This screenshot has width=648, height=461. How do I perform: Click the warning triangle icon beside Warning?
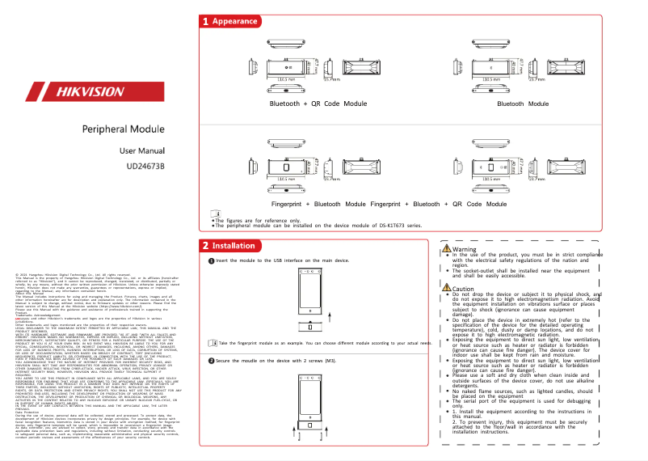[x=447, y=249]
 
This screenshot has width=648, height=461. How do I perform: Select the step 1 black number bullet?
[x=212, y=260]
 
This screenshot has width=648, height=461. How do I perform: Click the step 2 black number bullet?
[x=212, y=383]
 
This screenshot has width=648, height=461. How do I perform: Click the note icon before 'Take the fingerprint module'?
[x=212, y=366]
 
